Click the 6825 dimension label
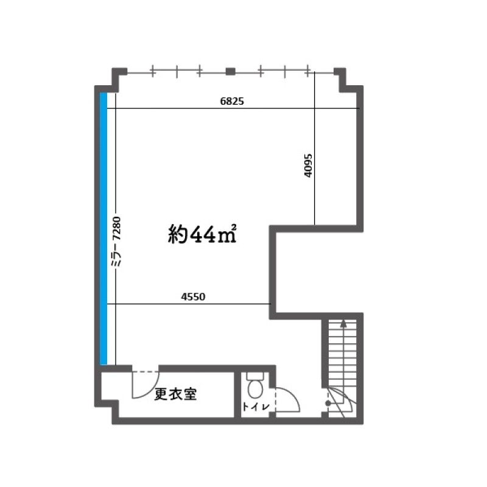point(232,101)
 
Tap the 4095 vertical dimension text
point(308,166)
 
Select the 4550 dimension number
point(193,296)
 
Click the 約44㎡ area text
point(202,234)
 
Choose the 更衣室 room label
point(175,394)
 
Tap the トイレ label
point(255,406)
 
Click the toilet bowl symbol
point(255,390)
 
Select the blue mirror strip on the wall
point(103,229)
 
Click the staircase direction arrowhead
point(343,323)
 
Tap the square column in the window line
point(231,71)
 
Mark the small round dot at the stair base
point(328,404)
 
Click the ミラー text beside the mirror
point(116,255)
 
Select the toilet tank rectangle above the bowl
point(255,376)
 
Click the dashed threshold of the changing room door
point(145,371)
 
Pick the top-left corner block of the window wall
point(119,73)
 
